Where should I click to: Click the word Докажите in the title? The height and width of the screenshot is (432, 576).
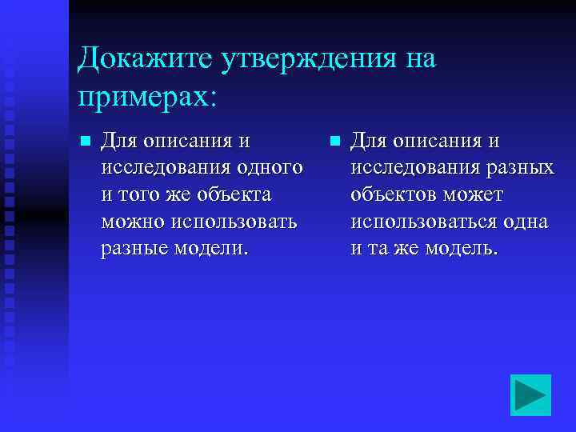coord(138,59)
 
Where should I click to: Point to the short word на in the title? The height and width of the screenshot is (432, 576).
coord(418,59)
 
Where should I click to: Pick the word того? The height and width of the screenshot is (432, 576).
coord(138,194)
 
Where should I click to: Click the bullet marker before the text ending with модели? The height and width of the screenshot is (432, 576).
coord(83,142)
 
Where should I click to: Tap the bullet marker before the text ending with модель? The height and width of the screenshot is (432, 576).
coord(333,142)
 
